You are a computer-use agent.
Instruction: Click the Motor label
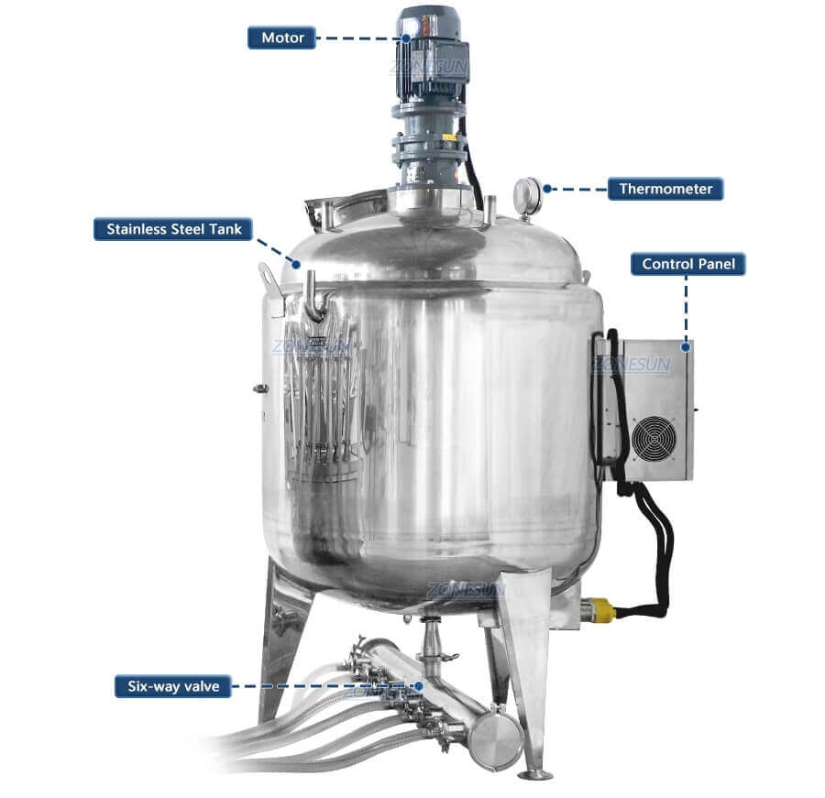click(282, 38)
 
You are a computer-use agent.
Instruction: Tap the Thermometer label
click(665, 190)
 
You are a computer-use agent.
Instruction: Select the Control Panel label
click(687, 265)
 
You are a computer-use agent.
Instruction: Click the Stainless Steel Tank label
click(173, 229)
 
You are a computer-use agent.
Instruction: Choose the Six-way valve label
click(171, 685)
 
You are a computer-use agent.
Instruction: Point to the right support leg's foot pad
click(539, 774)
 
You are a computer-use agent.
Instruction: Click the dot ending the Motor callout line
click(405, 38)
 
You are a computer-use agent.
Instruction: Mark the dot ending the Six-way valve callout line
click(419, 685)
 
